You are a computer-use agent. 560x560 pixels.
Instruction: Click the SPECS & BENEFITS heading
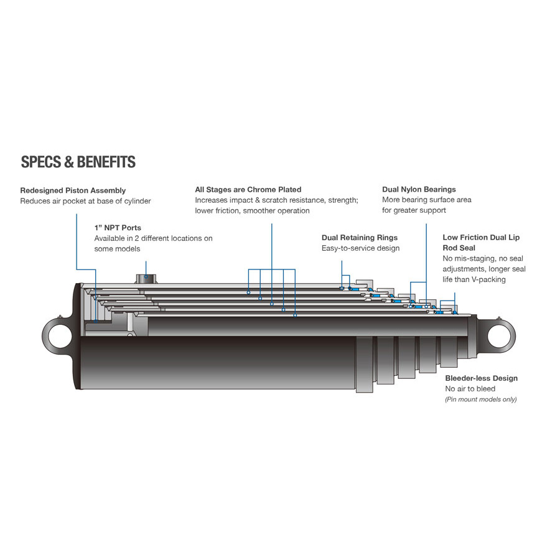click(78, 162)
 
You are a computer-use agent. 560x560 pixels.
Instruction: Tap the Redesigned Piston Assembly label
click(73, 190)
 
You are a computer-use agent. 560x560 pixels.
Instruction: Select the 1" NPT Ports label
click(118, 228)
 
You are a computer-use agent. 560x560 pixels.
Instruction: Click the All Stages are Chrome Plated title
click(248, 189)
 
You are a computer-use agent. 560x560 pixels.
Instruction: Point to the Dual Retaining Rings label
click(359, 238)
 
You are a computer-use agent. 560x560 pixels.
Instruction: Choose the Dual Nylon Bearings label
click(419, 189)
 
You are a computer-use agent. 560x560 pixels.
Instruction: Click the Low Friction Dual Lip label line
click(480, 238)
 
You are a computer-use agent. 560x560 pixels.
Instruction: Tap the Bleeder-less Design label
click(481, 378)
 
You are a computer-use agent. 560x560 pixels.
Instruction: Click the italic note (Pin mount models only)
click(480, 399)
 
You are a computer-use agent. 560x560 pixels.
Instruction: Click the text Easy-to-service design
click(360, 248)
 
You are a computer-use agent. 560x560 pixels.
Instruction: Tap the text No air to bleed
click(470, 389)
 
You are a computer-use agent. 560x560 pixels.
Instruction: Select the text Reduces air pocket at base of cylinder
click(85, 201)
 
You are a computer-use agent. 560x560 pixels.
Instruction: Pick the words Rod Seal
click(459, 248)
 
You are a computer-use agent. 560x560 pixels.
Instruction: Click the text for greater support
click(414, 210)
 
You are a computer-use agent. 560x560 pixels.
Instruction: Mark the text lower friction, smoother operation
click(252, 210)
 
